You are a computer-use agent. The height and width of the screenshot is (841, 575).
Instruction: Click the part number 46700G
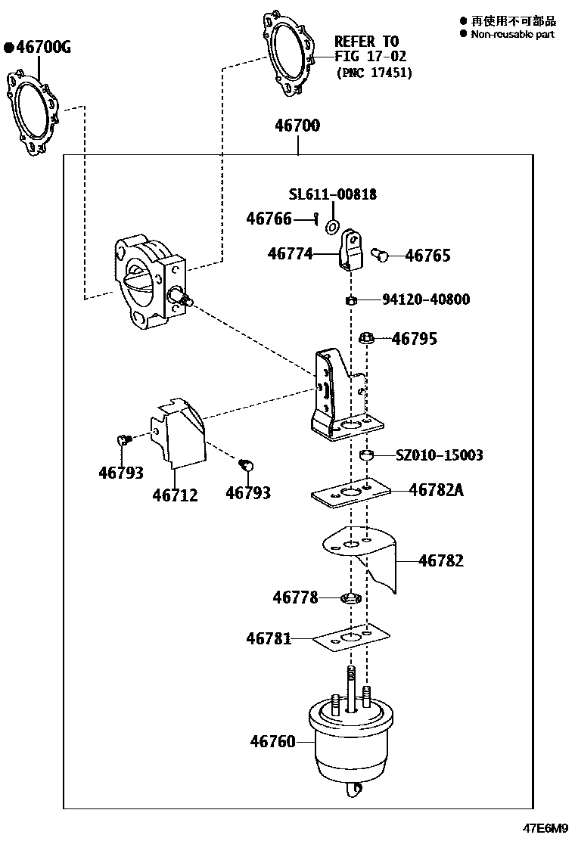(42, 48)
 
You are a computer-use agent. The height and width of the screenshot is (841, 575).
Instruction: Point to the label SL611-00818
(333, 194)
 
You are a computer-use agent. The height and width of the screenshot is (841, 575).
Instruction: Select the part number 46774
(290, 255)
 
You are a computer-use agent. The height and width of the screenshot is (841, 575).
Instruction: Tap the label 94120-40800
(426, 299)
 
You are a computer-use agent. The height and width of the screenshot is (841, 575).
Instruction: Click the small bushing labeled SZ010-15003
(367, 456)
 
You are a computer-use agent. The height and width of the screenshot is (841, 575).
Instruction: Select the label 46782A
(437, 490)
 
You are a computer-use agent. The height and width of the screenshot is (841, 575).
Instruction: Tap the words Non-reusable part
(512, 34)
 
